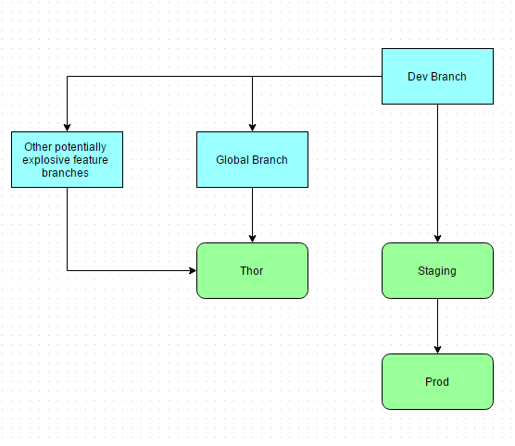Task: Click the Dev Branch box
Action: [437, 77]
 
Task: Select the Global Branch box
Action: [252, 160]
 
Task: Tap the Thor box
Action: [252, 271]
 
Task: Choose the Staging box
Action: [437, 271]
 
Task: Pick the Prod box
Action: [437, 381]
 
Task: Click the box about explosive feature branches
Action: [67, 160]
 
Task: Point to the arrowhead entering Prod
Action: [437, 350]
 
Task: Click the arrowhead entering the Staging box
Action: [437, 239]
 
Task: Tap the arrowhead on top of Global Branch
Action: [252, 128]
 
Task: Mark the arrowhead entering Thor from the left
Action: [193, 271]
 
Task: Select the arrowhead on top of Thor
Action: [252, 239]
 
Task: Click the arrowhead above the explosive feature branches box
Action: [67, 128]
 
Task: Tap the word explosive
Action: [43, 160]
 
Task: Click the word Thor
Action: [252, 271]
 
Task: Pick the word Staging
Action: [437, 271]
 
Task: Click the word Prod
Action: [437, 381]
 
